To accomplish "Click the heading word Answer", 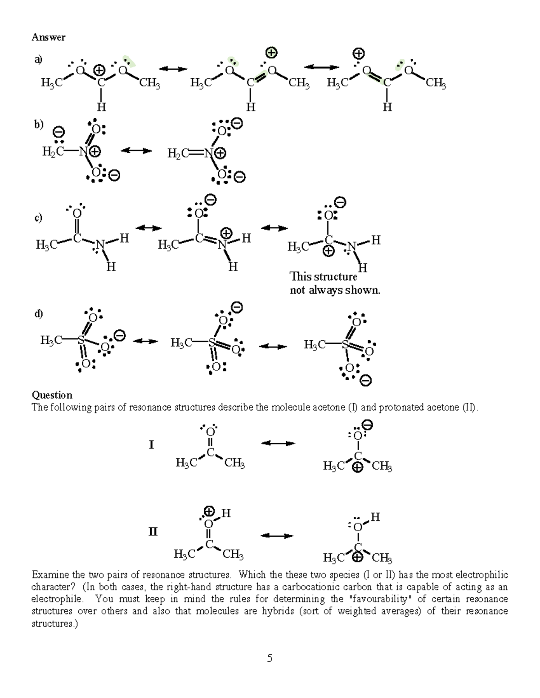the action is coord(48,37).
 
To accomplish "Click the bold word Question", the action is coord(52,395).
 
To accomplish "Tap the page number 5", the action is coord(270,658).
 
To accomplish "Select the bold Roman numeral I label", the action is coord(152,445).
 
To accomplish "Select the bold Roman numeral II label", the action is coord(153,532).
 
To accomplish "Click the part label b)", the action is coord(38,124).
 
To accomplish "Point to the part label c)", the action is coord(38,218).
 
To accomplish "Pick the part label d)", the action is coord(38,314).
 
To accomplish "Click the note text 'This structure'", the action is coord(323,276).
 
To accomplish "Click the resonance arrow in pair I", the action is coord(278,444).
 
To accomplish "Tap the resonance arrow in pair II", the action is coord(277,536).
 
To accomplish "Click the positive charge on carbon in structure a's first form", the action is coord(99,71).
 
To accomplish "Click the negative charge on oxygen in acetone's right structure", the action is coord(368,425).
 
